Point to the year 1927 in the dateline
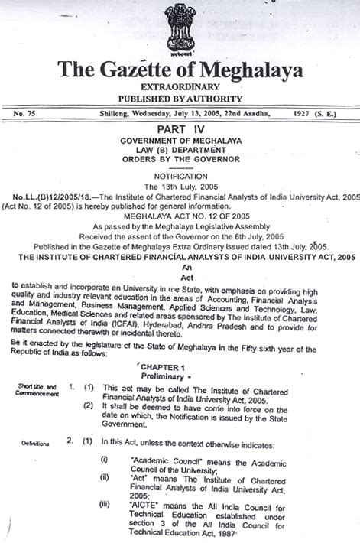[306, 113]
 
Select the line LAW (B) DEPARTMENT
[180, 151]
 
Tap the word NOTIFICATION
[180, 175]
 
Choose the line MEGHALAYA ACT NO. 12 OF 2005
[180, 216]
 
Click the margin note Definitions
[28, 443]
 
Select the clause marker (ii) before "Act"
[105, 477]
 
